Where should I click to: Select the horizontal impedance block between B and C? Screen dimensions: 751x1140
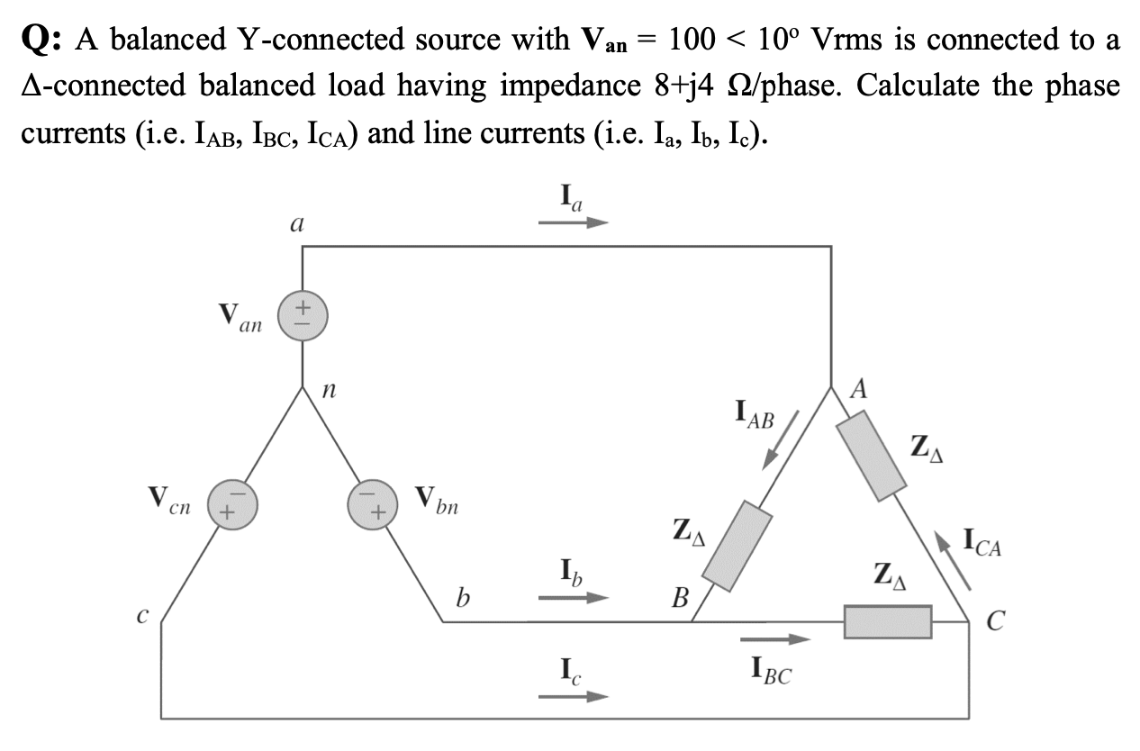887,621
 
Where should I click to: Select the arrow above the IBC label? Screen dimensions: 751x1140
775,640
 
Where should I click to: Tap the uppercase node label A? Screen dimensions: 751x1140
859,389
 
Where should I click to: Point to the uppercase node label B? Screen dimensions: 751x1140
682,597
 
